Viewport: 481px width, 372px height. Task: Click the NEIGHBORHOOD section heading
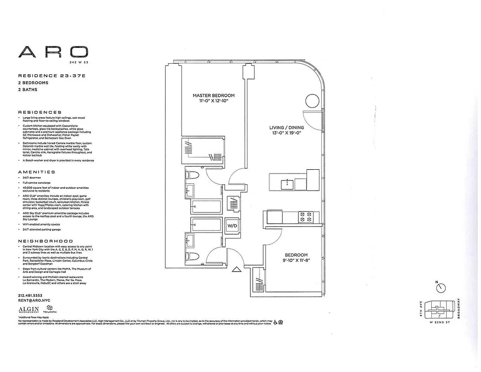point(45,241)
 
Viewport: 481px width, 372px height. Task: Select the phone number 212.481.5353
point(30,296)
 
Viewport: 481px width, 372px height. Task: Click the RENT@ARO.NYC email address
point(33,301)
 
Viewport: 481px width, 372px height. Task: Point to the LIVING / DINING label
point(287,127)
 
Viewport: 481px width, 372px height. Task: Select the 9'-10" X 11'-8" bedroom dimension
point(296,261)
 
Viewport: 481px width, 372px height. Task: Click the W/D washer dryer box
point(232,226)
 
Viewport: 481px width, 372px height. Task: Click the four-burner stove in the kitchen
point(305,217)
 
